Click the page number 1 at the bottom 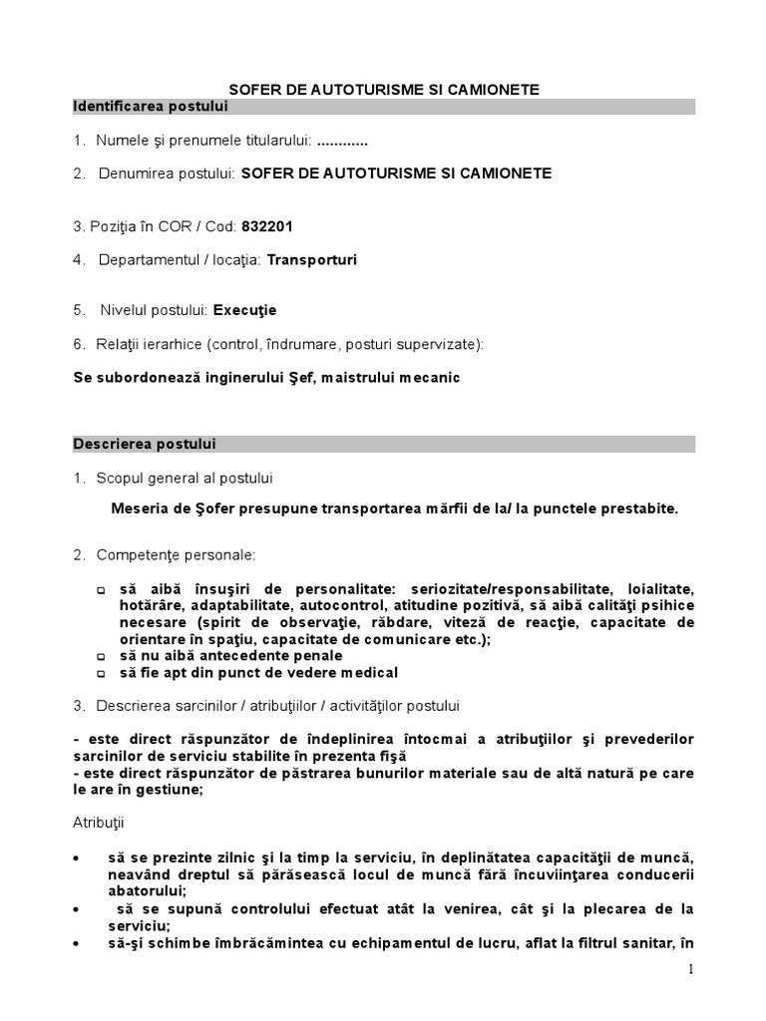[690, 970]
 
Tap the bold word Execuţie [244, 310]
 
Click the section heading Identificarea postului [136, 106]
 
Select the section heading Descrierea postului [144, 444]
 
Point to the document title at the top [383, 89]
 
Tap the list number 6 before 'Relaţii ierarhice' [79, 344]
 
